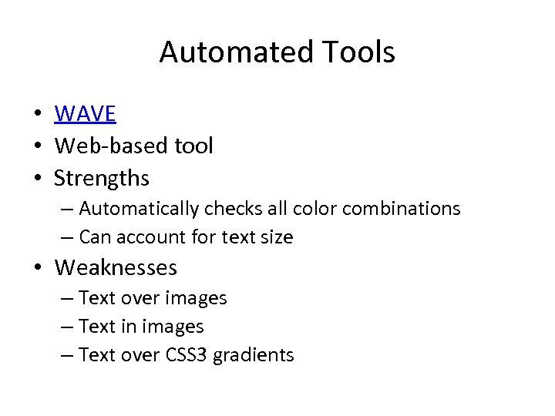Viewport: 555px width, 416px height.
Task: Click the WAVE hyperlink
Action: [85, 114]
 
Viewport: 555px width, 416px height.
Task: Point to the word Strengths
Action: [101, 178]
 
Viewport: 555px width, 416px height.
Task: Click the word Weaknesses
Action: [116, 267]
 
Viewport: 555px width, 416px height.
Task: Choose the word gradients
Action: [254, 356]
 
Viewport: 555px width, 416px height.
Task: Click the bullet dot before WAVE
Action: [37, 115]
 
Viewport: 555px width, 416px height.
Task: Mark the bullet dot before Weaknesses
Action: [37, 268]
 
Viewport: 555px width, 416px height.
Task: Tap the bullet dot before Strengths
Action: [37, 179]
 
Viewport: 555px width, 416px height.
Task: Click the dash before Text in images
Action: [68, 327]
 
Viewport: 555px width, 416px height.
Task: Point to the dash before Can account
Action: [68, 237]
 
